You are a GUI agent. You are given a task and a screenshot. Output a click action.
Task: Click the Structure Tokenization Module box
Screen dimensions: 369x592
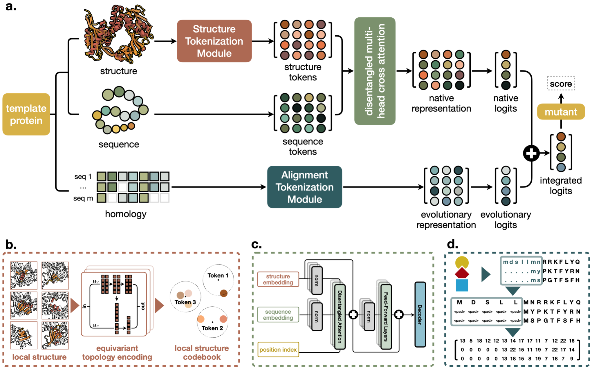[214, 41]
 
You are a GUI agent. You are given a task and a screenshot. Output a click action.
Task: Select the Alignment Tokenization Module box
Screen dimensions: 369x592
[304, 187]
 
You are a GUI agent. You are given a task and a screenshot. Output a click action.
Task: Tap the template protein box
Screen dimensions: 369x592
[26, 114]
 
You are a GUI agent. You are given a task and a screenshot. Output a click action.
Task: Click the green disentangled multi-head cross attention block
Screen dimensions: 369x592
[375, 71]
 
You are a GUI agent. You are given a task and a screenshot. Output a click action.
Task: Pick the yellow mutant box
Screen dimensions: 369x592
[561, 112]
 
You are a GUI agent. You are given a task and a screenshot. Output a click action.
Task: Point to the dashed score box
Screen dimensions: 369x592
[561, 84]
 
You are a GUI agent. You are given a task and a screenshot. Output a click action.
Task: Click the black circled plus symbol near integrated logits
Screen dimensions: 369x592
[531, 153]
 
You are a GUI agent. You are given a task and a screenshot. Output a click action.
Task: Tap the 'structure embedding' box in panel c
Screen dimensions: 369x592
[278, 279]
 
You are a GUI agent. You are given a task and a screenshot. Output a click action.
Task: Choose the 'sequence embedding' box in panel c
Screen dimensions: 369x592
[278, 314]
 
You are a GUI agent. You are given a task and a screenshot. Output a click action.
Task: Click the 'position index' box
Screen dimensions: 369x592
[278, 350]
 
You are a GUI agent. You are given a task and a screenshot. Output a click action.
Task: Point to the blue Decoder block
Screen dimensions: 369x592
[420, 314]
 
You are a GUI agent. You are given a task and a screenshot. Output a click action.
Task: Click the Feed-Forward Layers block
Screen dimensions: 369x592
[386, 316]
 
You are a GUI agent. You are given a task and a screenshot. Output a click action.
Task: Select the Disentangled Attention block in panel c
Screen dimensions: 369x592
[340, 316]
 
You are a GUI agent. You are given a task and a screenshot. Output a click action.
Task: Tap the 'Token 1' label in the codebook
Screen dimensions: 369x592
[218, 275]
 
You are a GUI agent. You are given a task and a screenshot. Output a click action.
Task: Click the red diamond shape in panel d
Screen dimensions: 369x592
[462, 273]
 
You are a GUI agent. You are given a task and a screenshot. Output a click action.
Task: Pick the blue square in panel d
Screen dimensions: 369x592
[462, 285]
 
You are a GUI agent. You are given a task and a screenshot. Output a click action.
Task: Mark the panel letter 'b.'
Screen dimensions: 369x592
[11, 245]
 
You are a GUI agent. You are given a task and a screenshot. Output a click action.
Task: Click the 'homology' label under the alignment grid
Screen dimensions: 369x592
[126, 214]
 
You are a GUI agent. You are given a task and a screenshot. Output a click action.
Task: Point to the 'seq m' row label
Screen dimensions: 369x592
[83, 198]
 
